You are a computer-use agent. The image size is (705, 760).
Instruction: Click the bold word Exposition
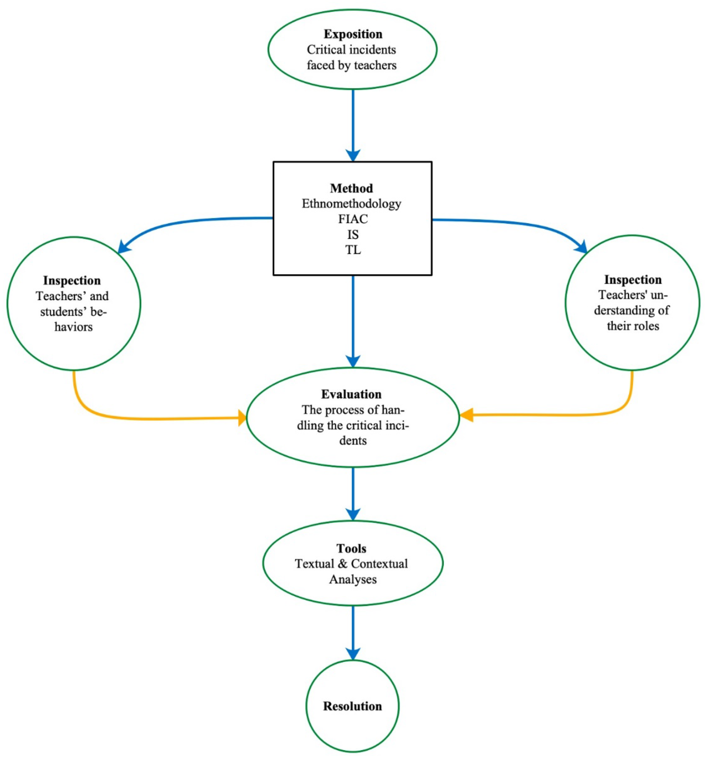pyautogui.click(x=353, y=34)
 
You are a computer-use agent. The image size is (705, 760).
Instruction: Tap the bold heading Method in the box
pyautogui.click(x=351, y=188)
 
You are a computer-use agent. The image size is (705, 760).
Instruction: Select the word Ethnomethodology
pyautogui.click(x=351, y=204)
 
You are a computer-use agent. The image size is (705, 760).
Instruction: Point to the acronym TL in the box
pyautogui.click(x=353, y=250)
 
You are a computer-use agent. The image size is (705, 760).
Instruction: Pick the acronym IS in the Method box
pyautogui.click(x=353, y=234)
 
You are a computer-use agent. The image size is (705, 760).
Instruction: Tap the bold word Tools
pyautogui.click(x=351, y=549)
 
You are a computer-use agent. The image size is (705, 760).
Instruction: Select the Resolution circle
pyautogui.click(x=352, y=706)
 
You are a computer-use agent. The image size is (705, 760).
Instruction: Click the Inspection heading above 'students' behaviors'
pyautogui.click(x=72, y=281)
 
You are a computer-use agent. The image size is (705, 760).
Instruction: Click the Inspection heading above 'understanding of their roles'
pyautogui.click(x=632, y=280)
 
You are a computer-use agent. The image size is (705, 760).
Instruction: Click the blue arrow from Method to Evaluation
pyautogui.click(x=353, y=321)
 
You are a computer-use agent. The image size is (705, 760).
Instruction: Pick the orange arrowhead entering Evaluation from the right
pyautogui.click(x=466, y=415)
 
